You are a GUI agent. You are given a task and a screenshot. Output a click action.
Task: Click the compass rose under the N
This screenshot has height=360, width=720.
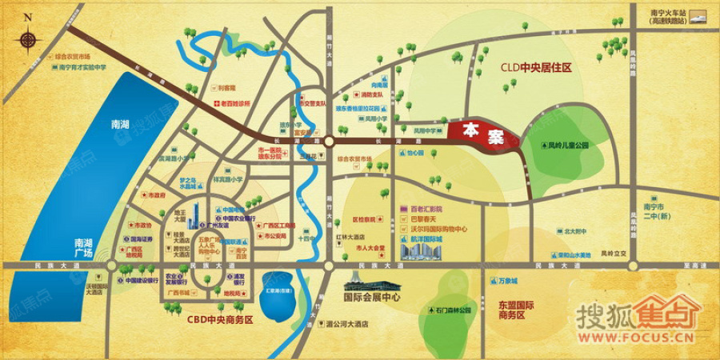(29, 38)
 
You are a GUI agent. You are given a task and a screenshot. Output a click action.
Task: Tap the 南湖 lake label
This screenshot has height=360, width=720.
(120, 125)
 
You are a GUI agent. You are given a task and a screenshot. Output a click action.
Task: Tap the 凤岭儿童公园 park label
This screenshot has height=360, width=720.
(568, 146)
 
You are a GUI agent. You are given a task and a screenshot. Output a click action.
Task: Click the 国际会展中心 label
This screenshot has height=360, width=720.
(371, 297)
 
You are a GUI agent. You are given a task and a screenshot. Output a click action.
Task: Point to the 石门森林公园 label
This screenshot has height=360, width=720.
(454, 310)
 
